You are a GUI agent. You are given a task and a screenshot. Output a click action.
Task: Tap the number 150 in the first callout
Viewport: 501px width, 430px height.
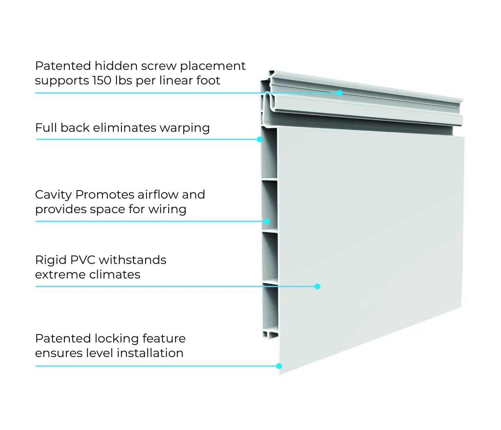(x=102, y=80)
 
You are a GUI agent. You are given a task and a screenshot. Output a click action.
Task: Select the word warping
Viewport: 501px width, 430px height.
(x=185, y=128)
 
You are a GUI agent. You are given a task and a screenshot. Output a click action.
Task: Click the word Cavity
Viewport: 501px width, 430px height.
(x=53, y=195)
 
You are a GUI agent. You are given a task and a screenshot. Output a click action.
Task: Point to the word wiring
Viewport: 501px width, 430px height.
(x=167, y=209)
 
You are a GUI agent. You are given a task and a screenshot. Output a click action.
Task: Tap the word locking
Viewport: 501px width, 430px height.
(x=116, y=339)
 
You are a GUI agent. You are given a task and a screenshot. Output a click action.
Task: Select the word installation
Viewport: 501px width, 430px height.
(x=150, y=353)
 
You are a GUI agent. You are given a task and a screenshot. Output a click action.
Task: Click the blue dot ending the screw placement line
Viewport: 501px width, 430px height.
(x=339, y=93)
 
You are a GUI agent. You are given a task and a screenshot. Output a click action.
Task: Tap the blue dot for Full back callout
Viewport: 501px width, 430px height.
(x=260, y=139)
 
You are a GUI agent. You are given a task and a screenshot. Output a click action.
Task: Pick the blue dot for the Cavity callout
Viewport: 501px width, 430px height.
(x=267, y=221)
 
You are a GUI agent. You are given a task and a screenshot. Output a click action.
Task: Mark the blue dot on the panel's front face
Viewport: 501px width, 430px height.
(x=317, y=287)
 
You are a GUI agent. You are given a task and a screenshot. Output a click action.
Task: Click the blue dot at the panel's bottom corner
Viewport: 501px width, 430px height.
(x=279, y=366)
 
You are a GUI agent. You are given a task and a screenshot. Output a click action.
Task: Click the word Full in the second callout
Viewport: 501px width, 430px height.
(x=46, y=128)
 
